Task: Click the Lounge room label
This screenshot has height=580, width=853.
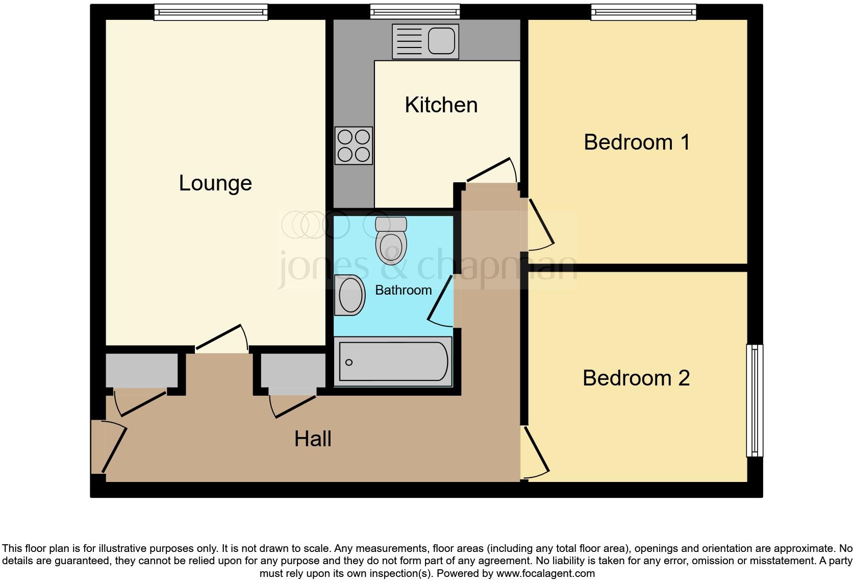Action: pyautogui.click(x=215, y=183)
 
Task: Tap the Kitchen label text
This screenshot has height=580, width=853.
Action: pyautogui.click(x=441, y=105)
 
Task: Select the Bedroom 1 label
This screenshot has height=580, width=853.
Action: pyautogui.click(x=637, y=142)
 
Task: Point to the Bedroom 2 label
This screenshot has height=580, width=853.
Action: pyautogui.click(x=636, y=378)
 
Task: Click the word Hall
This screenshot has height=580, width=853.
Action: pyautogui.click(x=313, y=439)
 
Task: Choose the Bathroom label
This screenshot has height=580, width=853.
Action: pyautogui.click(x=403, y=290)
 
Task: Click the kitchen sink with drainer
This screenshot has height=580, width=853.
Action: pyautogui.click(x=425, y=41)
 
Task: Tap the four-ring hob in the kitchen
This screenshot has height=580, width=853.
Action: pyautogui.click(x=354, y=146)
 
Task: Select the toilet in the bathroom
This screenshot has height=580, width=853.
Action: pyautogui.click(x=391, y=240)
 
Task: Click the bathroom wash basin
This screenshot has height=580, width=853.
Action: pyautogui.click(x=350, y=295)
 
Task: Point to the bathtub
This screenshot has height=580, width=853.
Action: pyautogui.click(x=393, y=361)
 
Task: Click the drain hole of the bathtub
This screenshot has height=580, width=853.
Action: pyautogui.click(x=349, y=362)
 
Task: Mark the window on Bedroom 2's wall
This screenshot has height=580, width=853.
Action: pyautogui.click(x=755, y=400)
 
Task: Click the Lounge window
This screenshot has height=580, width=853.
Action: pyautogui.click(x=211, y=12)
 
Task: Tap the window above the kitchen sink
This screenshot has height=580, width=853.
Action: pyautogui.click(x=415, y=11)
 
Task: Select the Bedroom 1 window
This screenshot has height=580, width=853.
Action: pyautogui.click(x=643, y=12)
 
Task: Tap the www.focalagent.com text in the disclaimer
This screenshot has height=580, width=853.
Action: pyautogui.click(x=545, y=573)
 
